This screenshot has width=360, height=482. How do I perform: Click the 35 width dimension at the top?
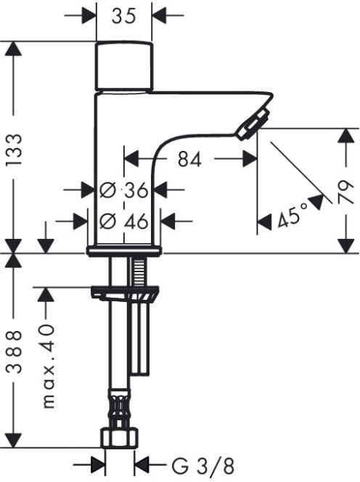[x=123, y=16]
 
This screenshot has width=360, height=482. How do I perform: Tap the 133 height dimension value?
[x=15, y=150]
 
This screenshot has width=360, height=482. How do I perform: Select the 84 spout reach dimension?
[x=190, y=159]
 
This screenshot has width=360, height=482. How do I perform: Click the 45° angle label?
[x=292, y=216]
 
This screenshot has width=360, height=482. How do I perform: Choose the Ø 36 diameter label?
[x=124, y=190]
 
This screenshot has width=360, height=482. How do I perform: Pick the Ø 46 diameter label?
[x=124, y=221]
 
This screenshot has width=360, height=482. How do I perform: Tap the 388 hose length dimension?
[x=15, y=351]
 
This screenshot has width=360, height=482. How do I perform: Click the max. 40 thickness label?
[x=48, y=366]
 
